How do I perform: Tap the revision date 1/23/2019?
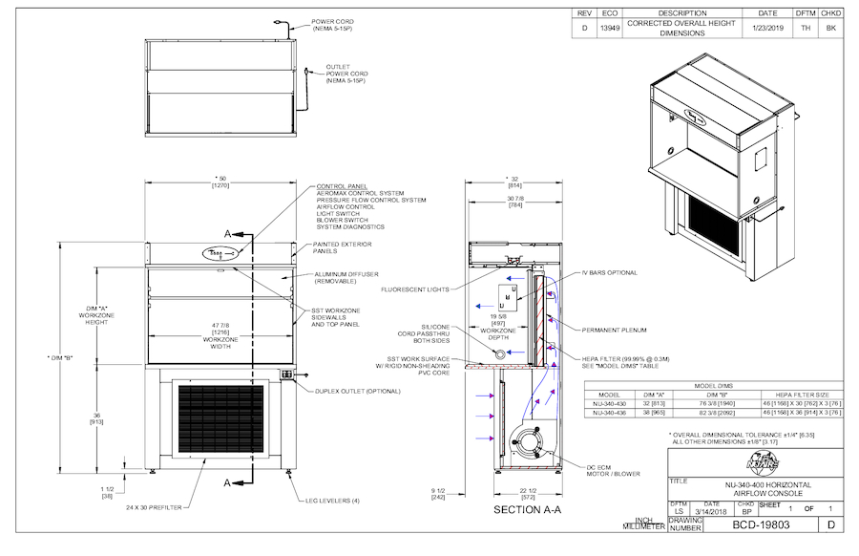pyautogui.click(x=766, y=28)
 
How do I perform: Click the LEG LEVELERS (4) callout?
pyautogui.click(x=331, y=501)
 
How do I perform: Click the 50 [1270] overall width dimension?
pyautogui.click(x=220, y=182)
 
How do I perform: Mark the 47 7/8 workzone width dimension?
pyautogui.click(x=220, y=331)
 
